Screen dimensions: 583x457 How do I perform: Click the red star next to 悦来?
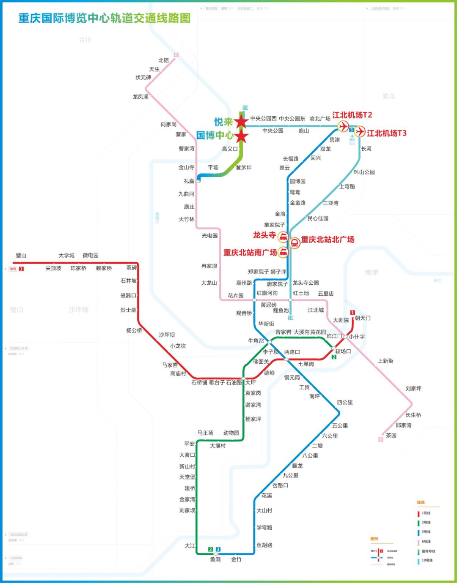click(x=241, y=122)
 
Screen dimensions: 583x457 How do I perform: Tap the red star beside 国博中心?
click(x=241, y=136)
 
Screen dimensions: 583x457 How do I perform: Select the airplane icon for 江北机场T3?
click(x=360, y=132)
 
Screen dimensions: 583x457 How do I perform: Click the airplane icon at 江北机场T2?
click(x=343, y=126)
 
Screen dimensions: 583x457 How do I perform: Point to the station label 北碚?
click(x=163, y=60)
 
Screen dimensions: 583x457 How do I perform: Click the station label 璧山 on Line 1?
click(x=21, y=255)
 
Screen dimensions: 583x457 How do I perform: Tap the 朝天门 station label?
click(x=363, y=318)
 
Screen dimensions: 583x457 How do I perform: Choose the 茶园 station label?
click(x=391, y=436)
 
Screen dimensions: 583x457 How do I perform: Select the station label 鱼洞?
click(x=215, y=559)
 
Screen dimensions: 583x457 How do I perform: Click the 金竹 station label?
click(x=236, y=559)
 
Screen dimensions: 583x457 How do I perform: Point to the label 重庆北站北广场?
click(x=328, y=240)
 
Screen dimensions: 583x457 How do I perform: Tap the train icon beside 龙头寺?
click(x=283, y=237)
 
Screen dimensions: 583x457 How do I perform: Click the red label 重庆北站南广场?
click(x=250, y=253)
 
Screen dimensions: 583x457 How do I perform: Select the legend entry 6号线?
click(x=426, y=542)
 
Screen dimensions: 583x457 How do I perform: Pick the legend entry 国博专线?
click(x=428, y=551)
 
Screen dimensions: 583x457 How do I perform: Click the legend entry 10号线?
click(x=427, y=561)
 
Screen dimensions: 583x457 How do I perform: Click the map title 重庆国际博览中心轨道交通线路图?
click(x=105, y=18)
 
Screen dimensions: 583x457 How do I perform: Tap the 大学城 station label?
click(x=66, y=255)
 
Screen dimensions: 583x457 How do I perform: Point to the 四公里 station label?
click(x=345, y=402)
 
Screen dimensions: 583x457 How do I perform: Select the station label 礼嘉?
click(x=189, y=181)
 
